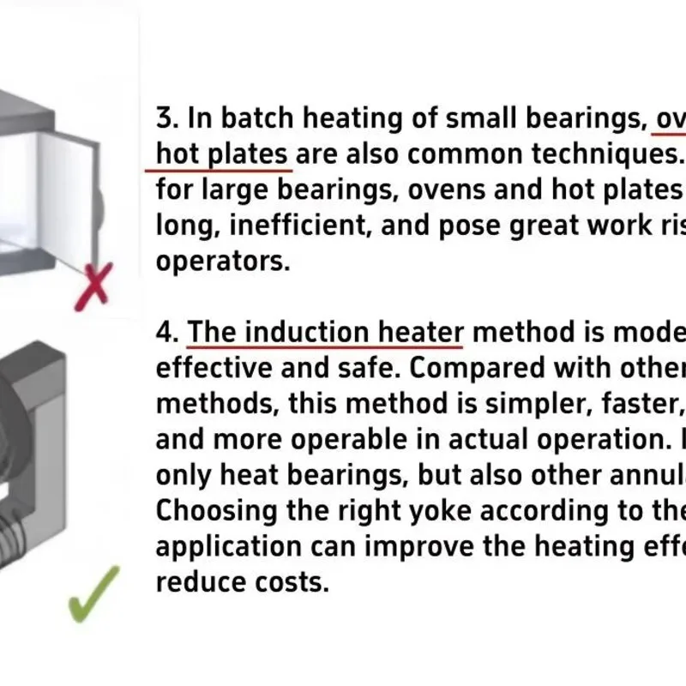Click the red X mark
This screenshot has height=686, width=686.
(x=93, y=284)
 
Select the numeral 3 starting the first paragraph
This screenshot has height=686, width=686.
(x=165, y=117)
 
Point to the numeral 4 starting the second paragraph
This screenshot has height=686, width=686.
(x=165, y=332)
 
